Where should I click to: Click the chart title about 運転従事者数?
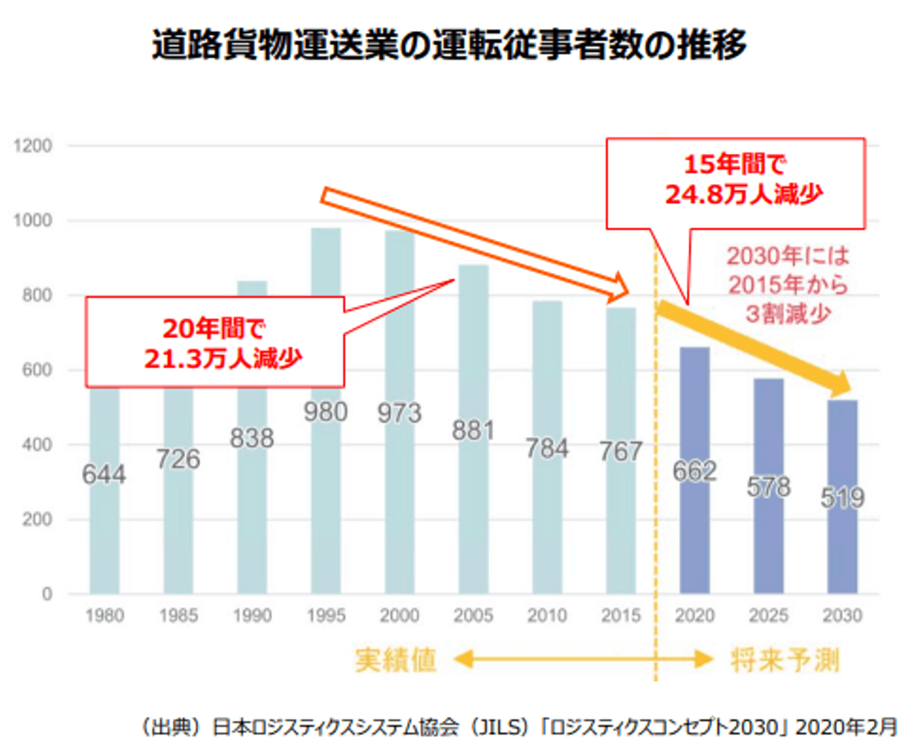coord(449,45)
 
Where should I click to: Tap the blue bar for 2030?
coord(843,545)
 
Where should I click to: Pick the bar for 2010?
coord(547,513)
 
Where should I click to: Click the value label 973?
coord(399,413)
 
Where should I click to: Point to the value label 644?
coord(104,475)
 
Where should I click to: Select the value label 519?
coord(843,498)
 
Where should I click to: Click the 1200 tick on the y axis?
coord(33,146)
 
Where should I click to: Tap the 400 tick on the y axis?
coord(37,445)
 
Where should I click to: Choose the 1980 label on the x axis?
coord(105,615)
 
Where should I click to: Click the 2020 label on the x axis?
coord(695,615)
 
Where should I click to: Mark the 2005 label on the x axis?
coord(474,615)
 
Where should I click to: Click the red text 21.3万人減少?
coord(223,358)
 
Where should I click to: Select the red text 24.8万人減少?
coord(744,194)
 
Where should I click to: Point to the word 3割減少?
coord(788,314)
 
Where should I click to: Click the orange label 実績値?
coord(396,660)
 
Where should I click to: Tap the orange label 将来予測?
coord(785,660)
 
